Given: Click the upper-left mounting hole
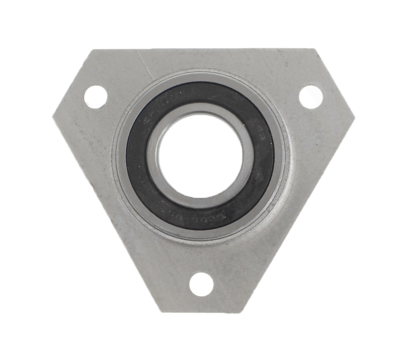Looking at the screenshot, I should pyautogui.click(x=95, y=96).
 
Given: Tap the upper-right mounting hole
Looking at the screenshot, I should pyautogui.click(x=311, y=96).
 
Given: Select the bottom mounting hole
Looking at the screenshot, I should pyautogui.click(x=201, y=284).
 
